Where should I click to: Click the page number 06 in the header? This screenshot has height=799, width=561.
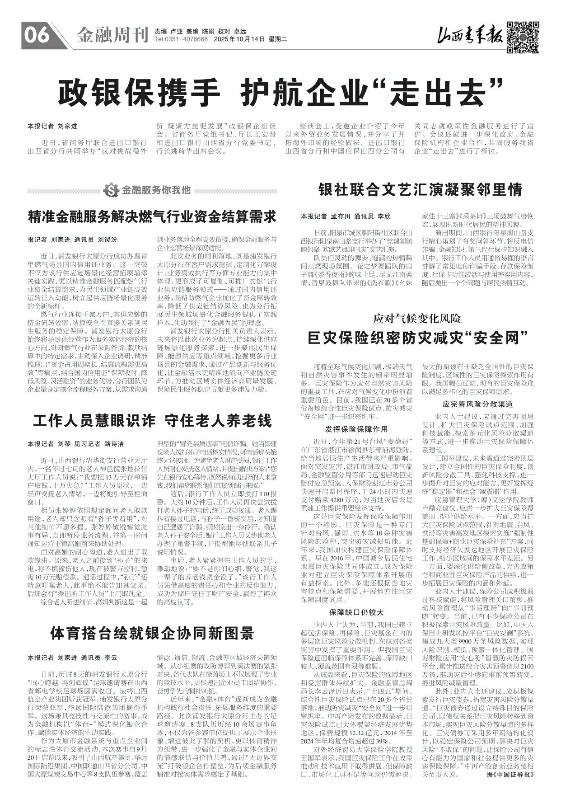[x=36, y=35]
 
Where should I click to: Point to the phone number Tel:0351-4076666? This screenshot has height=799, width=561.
[x=181, y=40]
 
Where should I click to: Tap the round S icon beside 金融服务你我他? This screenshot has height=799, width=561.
[x=110, y=190]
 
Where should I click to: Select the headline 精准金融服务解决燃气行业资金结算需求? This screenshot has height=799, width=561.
[x=152, y=216]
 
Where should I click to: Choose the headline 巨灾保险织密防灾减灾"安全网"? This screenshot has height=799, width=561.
[x=418, y=338]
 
